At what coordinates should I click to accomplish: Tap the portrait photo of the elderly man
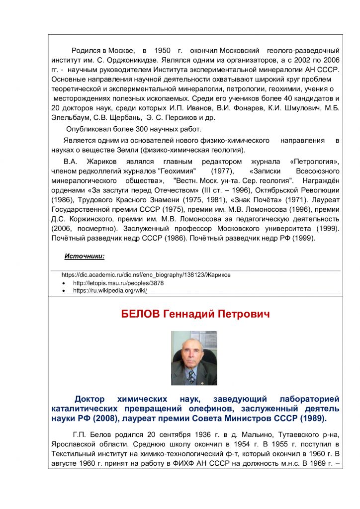click(x=194, y=358)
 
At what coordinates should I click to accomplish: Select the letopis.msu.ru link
click(x=118, y=283)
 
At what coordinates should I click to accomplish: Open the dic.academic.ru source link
click(x=146, y=274)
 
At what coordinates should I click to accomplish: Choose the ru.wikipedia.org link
click(x=110, y=290)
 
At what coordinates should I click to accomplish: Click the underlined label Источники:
click(x=85, y=256)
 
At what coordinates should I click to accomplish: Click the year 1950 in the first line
click(x=163, y=51)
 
